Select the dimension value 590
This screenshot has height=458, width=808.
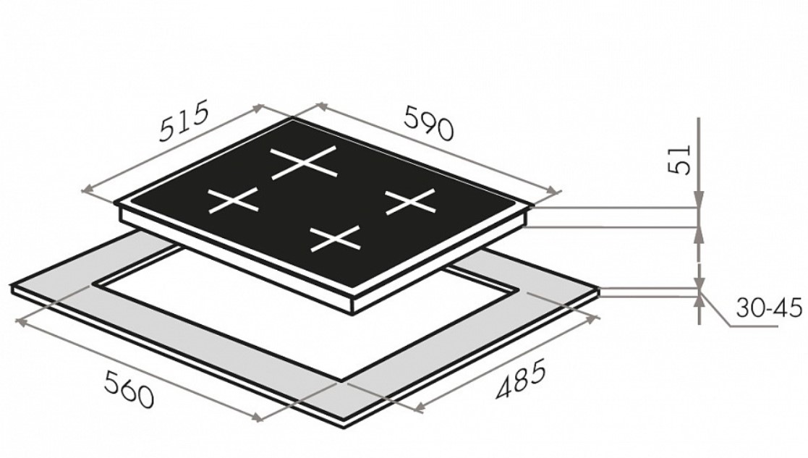(429, 122)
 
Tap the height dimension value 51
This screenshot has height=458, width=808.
(680, 160)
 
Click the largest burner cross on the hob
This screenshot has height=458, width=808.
(304, 162)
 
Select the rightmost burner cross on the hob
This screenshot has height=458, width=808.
(410, 201)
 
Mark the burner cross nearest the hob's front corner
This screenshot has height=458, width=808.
(335, 239)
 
